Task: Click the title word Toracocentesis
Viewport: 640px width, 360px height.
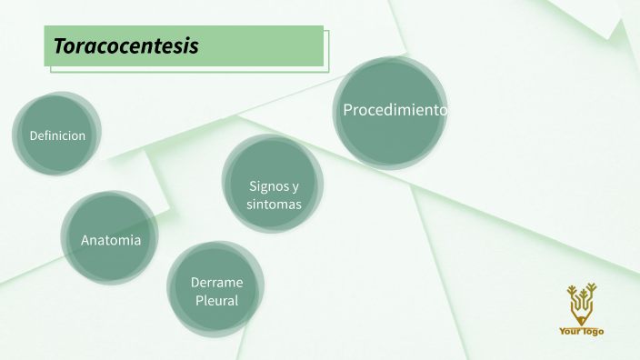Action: click(x=125, y=46)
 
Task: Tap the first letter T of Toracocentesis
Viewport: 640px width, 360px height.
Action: click(x=59, y=46)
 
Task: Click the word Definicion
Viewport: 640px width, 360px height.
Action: click(x=57, y=135)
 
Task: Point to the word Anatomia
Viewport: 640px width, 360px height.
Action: click(x=111, y=241)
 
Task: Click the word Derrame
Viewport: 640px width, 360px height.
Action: click(x=216, y=283)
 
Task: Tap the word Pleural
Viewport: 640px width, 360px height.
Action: click(x=216, y=300)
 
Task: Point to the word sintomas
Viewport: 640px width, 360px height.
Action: click(x=274, y=205)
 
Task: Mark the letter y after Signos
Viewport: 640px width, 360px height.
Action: click(x=295, y=186)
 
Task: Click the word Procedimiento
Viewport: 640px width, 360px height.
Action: click(x=395, y=110)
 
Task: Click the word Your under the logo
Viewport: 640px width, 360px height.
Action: click(x=570, y=332)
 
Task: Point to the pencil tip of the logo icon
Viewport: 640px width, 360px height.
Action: click(x=581, y=322)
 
